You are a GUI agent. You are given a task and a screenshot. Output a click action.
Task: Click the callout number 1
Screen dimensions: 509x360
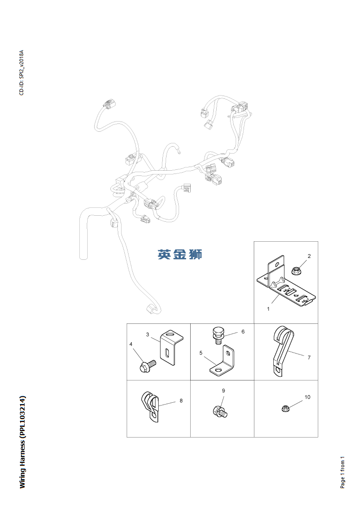click(268, 309)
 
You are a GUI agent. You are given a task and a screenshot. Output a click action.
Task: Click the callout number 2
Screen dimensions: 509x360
click(309, 256)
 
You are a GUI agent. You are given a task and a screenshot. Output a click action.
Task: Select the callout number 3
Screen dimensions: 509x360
click(148, 334)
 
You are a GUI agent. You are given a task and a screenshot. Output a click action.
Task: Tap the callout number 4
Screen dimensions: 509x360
click(131, 344)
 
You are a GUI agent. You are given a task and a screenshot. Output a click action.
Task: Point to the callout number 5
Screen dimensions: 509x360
click(201, 353)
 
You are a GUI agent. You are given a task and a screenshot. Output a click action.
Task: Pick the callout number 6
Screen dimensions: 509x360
click(243, 332)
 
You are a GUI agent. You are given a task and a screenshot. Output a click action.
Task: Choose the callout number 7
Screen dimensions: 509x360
click(309, 357)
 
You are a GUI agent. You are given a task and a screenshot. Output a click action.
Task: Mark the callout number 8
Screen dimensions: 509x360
click(181, 400)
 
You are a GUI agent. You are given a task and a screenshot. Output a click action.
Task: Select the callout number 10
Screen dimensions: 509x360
click(307, 397)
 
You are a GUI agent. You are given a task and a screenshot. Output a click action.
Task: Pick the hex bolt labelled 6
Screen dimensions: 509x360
click(219, 335)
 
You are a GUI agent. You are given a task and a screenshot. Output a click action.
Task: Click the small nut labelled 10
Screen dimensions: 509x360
click(285, 408)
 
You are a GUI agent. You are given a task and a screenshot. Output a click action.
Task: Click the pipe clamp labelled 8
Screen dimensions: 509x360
click(151, 406)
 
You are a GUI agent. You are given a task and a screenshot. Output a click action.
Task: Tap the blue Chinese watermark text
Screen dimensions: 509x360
click(180, 254)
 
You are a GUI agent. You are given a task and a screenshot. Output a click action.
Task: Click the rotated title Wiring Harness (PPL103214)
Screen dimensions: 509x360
click(22, 441)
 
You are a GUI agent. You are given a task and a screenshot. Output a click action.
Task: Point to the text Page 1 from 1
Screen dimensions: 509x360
click(342, 471)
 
